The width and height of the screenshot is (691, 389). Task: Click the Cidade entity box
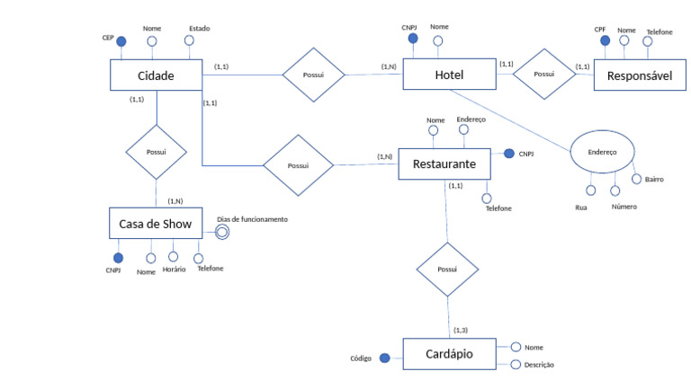coord(156,75)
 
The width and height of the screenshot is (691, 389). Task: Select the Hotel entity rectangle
coord(449,75)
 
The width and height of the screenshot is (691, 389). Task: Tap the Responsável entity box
coord(640,75)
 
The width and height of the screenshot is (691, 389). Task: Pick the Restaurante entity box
coord(444,164)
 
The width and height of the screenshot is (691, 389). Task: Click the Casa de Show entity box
coord(156,224)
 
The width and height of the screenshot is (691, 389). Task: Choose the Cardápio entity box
coord(449,354)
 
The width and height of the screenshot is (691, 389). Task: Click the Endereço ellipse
coord(602,152)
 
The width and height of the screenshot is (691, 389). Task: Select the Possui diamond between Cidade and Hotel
coord(313,75)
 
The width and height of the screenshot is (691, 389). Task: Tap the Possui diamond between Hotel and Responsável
coord(544,74)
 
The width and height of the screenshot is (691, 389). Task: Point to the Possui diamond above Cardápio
coord(447,270)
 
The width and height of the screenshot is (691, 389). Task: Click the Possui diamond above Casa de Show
coord(156,152)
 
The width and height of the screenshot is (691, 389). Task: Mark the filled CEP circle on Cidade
coord(121,41)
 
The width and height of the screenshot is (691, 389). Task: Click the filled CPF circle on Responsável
coord(605,40)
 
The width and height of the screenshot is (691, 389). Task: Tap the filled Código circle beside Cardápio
coord(385,358)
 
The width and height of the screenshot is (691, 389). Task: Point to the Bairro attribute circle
coord(636,179)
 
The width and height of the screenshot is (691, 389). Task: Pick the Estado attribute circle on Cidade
coord(189,40)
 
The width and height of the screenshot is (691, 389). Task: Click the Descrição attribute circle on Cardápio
coord(516,365)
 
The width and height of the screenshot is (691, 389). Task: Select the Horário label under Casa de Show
coord(174,270)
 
